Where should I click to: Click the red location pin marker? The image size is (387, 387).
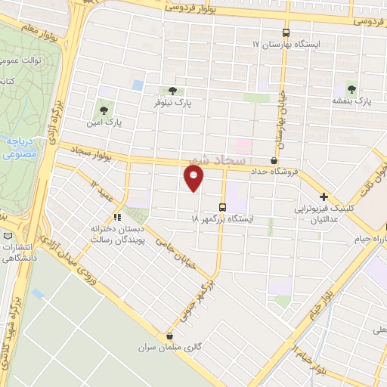click(194, 178)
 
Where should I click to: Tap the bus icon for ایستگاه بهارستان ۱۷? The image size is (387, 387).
click(286, 33)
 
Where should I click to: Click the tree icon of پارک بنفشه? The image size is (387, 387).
click(351, 88)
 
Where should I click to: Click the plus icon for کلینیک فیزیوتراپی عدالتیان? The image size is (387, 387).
click(323, 196)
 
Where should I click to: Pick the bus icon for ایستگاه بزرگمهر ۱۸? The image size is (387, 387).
click(222, 206)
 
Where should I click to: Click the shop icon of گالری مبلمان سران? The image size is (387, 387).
click(169, 336)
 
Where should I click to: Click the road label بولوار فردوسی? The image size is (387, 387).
click(195, 9)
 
